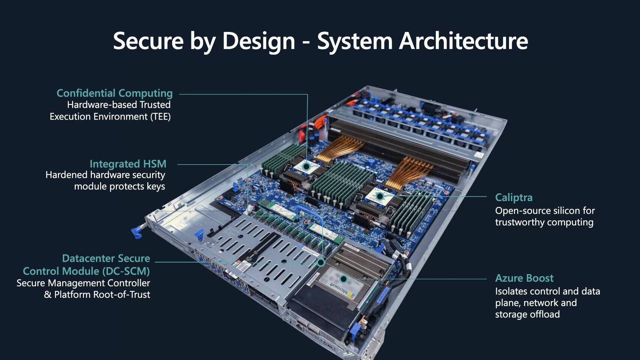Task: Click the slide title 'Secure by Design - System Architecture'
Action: pos(320,40)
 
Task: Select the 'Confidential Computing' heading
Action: pos(114,93)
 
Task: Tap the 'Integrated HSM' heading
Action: pos(128,164)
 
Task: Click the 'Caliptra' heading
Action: pos(514,198)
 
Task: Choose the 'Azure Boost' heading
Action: pos(524,278)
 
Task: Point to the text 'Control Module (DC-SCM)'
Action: pos(86,271)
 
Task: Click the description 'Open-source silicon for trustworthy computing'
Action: pos(544,216)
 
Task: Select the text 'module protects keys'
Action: pos(119,186)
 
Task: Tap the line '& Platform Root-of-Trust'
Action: pos(97,295)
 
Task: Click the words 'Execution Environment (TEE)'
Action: pos(110,117)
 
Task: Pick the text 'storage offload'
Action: pos(527,314)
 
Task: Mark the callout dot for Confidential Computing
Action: pos(306,166)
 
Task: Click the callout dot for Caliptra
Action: pos(380,196)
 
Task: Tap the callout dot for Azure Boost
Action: pos(343,279)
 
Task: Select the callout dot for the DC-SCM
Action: pos(321,262)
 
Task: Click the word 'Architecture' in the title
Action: pos(463,40)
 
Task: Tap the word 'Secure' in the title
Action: pos(148,40)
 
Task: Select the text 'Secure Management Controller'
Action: pos(83,283)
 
